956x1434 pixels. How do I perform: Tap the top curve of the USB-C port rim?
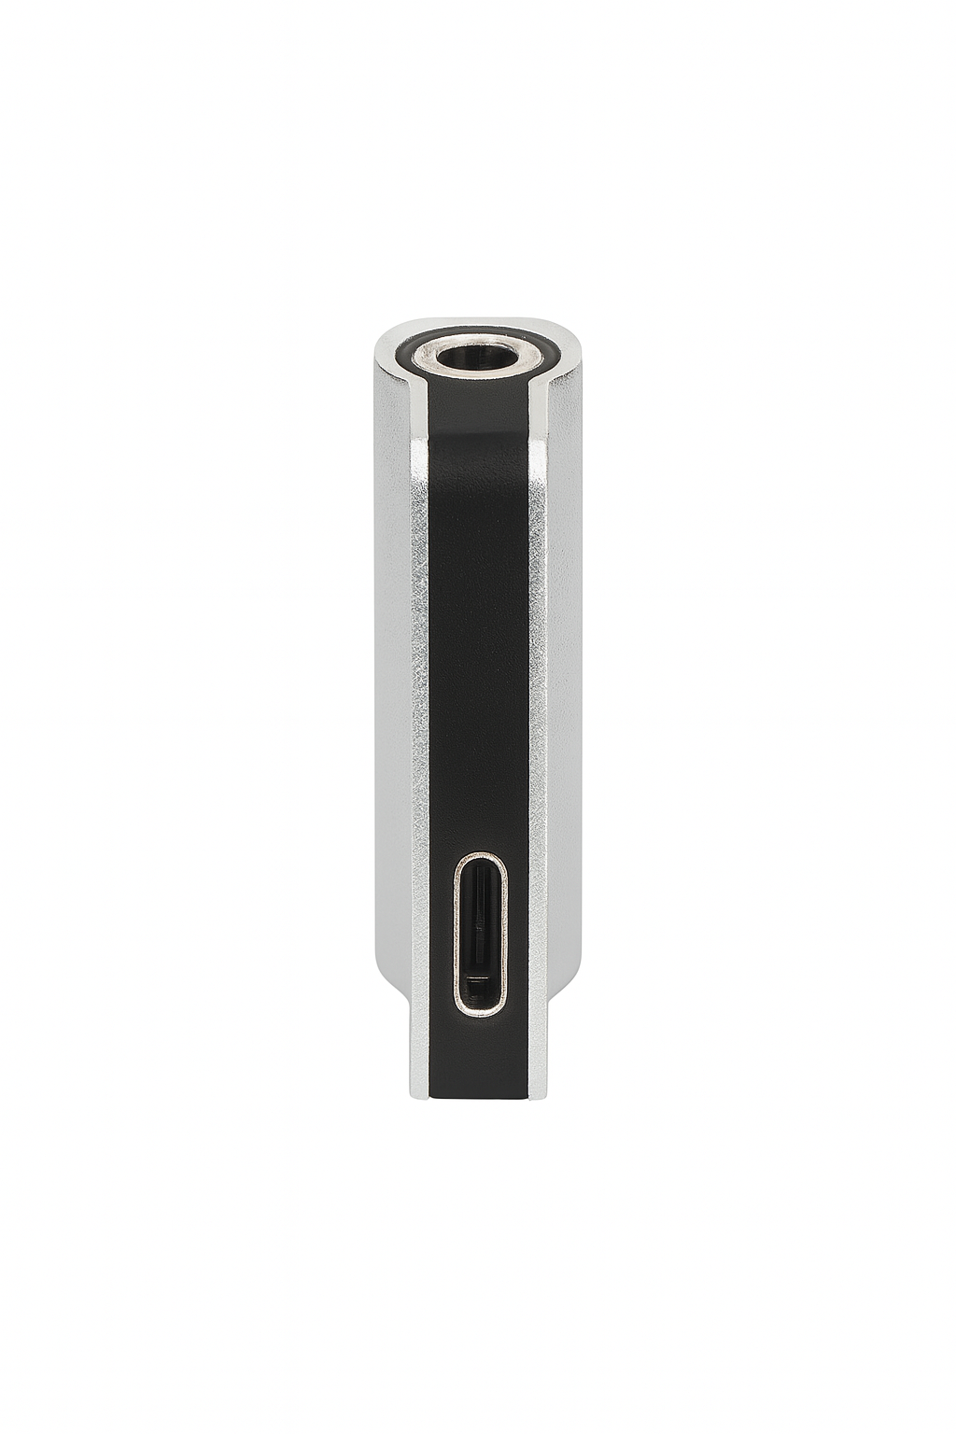point(480,855)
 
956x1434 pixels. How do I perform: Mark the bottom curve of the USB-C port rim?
point(480,1012)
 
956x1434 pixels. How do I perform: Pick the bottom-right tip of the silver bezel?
point(536,1094)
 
